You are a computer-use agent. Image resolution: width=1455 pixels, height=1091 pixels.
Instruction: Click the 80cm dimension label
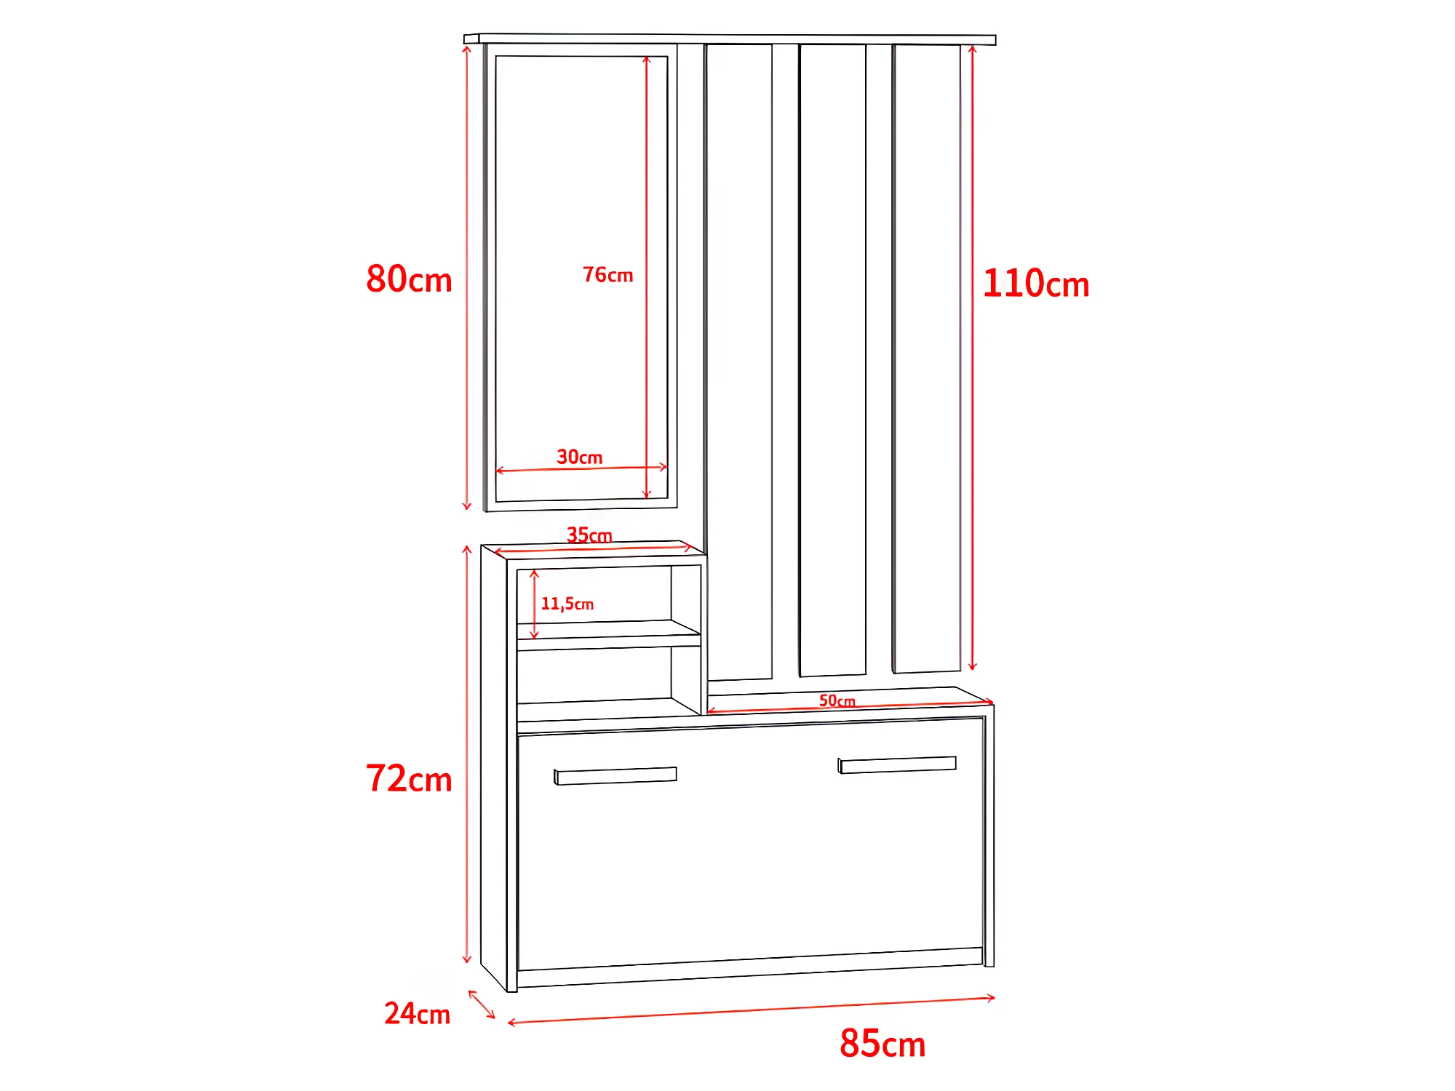(409, 279)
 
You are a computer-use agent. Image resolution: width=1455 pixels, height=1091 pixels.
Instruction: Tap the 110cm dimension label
(1035, 284)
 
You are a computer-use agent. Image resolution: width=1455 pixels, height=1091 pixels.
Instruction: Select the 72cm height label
(409, 779)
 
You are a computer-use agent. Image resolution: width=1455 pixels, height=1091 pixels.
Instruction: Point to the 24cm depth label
(417, 1014)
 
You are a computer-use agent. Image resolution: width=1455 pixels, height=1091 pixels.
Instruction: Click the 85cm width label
(882, 1044)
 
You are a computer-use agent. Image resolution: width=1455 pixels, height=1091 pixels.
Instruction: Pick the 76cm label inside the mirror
(607, 275)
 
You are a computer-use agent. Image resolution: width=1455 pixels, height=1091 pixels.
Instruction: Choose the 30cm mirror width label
(579, 457)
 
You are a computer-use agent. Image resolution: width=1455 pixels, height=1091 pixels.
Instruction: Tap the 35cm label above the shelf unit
(589, 535)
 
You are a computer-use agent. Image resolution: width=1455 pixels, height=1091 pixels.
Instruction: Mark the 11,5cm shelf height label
(567, 604)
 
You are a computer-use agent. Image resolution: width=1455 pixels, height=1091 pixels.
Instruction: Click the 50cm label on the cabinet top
(837, 700)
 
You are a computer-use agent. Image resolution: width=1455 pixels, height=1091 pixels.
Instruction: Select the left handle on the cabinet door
(615, 776)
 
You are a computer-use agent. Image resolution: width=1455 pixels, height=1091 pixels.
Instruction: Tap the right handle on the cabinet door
(897, 764)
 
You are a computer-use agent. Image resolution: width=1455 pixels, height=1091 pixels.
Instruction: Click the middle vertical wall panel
(832, 360)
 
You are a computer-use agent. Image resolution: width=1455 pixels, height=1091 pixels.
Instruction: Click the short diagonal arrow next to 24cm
(482, 1004)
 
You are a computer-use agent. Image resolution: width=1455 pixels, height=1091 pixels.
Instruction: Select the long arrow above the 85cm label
(751, 1010)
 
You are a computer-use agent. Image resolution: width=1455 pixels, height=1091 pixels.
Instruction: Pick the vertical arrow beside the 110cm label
(972, 356)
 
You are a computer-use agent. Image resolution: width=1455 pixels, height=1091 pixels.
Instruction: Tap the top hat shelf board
(730, 39)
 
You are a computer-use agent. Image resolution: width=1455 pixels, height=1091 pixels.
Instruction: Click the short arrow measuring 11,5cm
(534, 604)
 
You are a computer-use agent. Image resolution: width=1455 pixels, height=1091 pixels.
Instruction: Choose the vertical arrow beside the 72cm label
(467, 754)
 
